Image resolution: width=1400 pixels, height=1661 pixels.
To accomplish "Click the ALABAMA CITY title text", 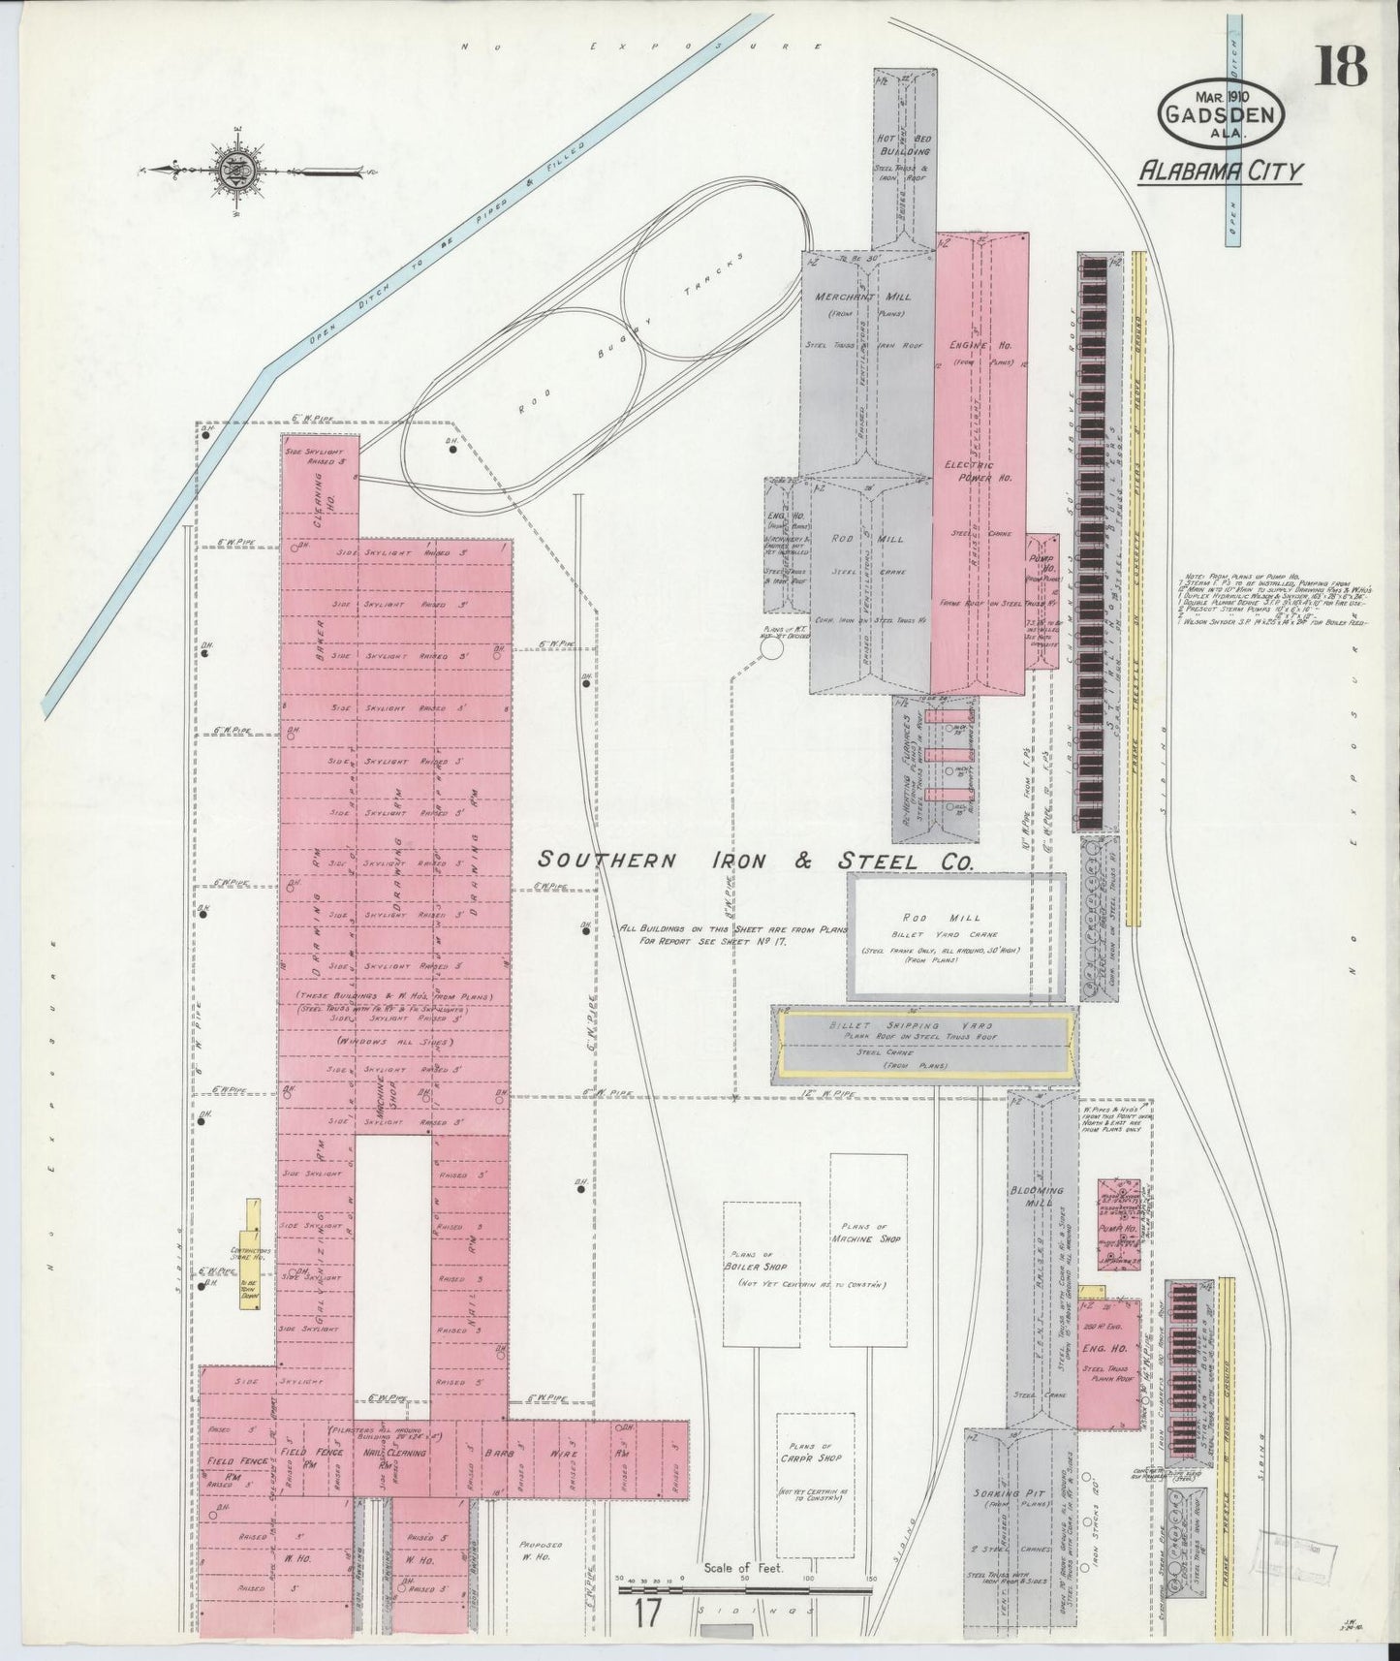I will (x=1221, y=172).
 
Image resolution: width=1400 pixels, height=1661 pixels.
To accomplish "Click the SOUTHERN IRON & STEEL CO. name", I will (x=756, y=860).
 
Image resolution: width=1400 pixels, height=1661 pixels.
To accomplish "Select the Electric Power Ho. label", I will (x=978, y=471).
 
